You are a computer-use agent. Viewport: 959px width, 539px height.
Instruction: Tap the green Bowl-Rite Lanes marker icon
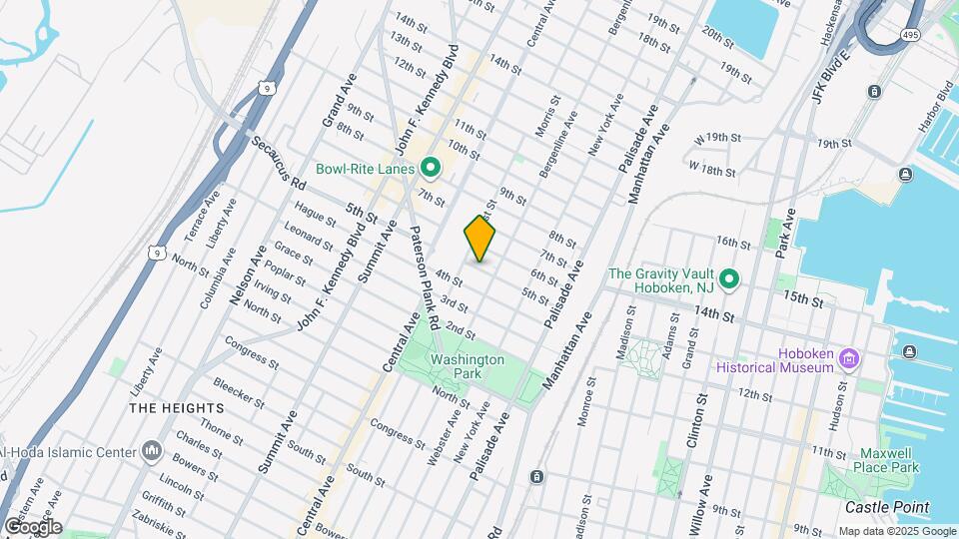[431, 168]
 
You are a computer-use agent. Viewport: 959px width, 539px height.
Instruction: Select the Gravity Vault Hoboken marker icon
[730, 279]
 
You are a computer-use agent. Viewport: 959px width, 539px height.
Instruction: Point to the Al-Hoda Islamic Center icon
[152, 452]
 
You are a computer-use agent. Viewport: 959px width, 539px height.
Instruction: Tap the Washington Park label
[467, 366]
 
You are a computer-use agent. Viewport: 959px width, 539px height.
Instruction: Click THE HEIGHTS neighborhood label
[167, 408]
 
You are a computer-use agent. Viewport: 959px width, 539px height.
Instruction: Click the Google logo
[32, 526]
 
